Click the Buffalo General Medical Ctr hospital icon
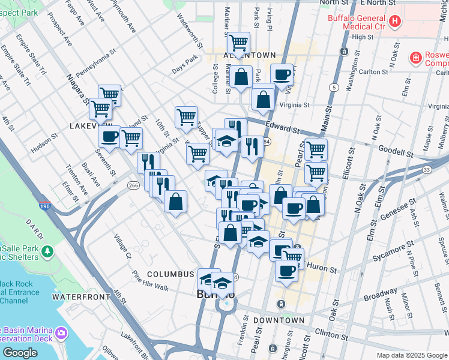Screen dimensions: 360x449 coord(395,22)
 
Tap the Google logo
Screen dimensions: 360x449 coord(20,353)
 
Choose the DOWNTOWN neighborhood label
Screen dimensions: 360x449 coord(279,320)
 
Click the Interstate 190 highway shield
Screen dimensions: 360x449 coord(45,206)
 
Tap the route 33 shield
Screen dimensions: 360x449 coord(426,170)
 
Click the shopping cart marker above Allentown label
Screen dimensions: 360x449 coord(238,43)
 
